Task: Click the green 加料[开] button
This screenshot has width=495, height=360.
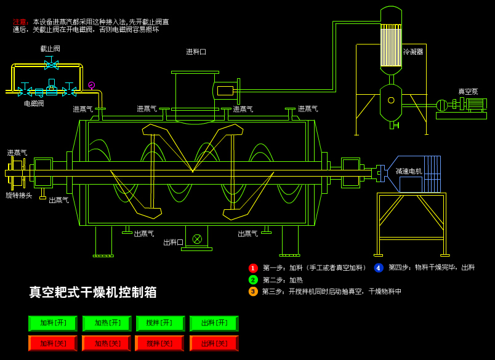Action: [52, 323]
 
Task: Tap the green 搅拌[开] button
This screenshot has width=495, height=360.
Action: [160, 323]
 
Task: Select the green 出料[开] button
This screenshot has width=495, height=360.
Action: [214, 323]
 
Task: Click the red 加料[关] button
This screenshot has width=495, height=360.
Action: [52, 343]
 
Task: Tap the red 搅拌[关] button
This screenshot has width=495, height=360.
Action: [159, 343]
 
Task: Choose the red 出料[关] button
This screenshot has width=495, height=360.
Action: [214, 343]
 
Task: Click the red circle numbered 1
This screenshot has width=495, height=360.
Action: [253, 268]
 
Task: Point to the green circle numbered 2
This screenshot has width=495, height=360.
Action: [253, 279]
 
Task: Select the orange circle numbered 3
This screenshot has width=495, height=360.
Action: [253, 291]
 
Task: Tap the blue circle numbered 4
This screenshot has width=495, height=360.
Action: [379, 268]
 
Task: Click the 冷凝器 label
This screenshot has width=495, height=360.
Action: [413, 52]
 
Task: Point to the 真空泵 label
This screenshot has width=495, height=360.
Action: [468, 91]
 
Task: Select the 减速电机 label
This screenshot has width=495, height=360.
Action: [409, 171]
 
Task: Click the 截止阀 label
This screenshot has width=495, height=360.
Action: [50, 49]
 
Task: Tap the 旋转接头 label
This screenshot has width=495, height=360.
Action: [19, 195]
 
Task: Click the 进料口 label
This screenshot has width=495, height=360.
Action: [196, 52]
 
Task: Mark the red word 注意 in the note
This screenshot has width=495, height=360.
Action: [20, 22]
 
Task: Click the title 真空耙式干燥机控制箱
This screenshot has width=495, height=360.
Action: [93, 292]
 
